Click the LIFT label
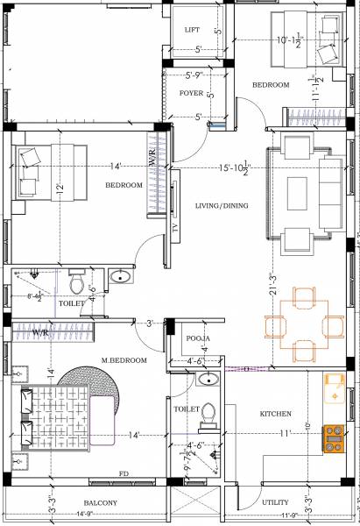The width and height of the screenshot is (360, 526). [192, 29]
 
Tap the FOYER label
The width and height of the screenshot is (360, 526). [191, 92]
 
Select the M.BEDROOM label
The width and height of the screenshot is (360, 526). [124, 359]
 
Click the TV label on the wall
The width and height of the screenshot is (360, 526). [175, 225]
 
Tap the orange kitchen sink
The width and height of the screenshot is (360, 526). [334, 387]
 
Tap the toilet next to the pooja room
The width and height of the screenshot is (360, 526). [208, 416]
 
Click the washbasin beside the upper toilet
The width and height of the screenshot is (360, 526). [120, 277]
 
